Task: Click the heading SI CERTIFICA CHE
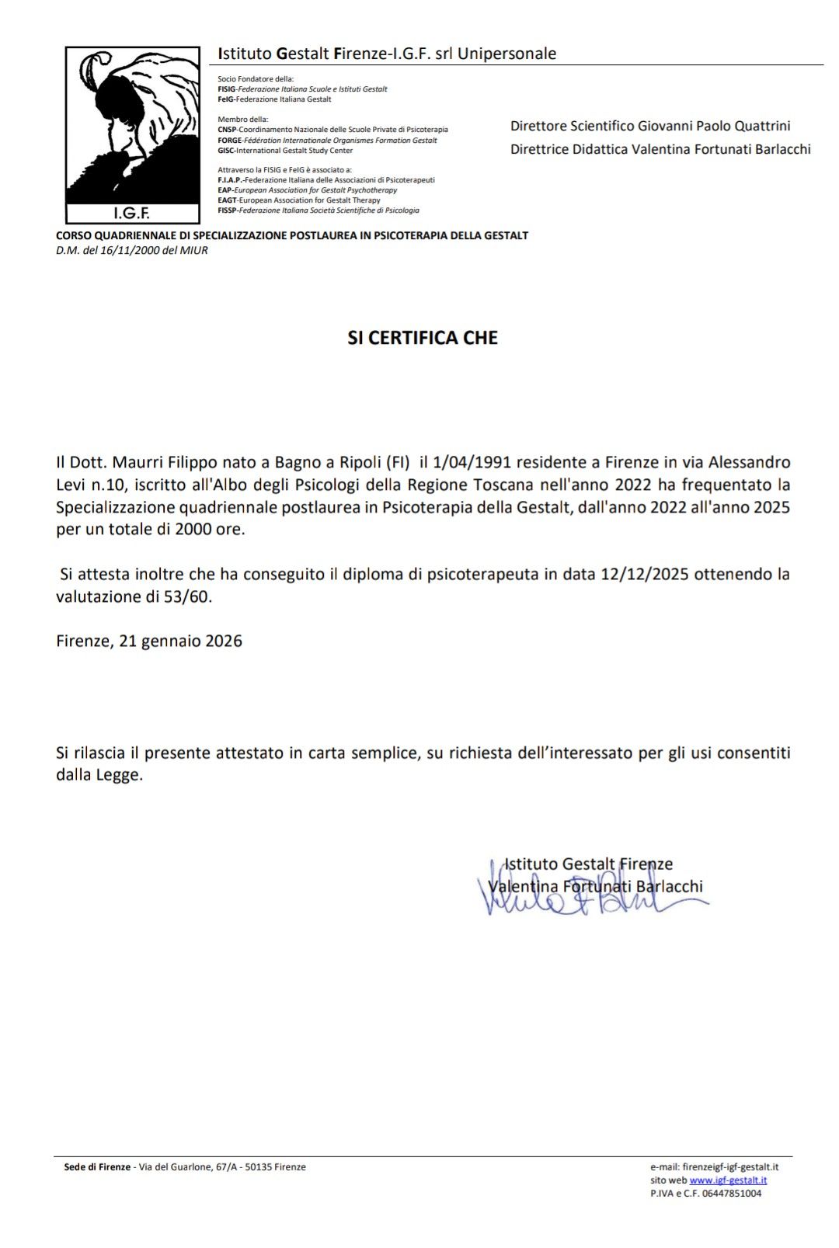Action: (423, 338)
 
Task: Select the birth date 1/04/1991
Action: (472, 462)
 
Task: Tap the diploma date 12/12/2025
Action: (646, 575)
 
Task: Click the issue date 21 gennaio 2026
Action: (180, 641)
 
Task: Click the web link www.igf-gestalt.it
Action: (728, 1180)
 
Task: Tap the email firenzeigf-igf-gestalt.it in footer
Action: (729, 1166)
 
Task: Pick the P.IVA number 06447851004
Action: (733, 1194)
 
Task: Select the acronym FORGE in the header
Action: (231, 141)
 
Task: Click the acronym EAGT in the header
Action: (227, 200)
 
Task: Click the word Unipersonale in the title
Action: (507, 54)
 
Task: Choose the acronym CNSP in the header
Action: (227, 130)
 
